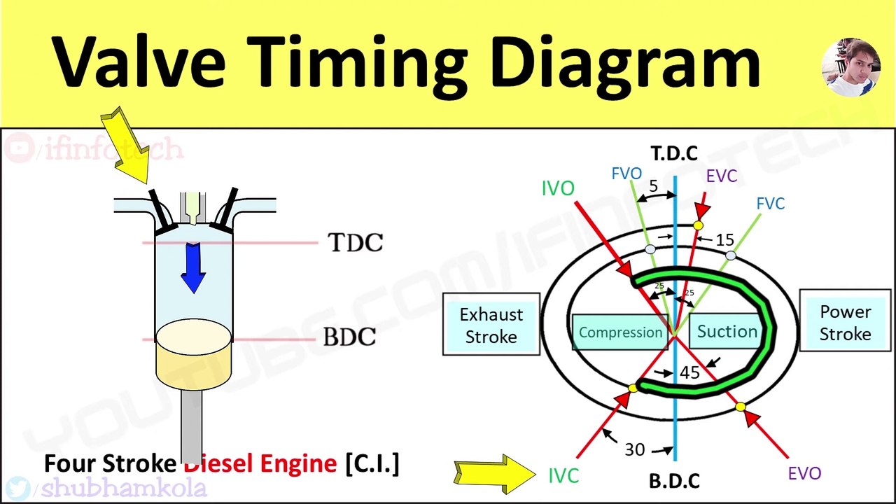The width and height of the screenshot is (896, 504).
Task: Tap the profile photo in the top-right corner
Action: click(850, 67)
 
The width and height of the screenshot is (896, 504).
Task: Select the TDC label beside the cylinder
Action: click(356, 243)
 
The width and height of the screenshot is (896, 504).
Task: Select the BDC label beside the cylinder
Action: click(349, 337)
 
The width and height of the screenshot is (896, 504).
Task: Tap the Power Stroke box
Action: click(845, 323)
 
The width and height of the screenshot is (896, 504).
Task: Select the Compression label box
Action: click(620, 332)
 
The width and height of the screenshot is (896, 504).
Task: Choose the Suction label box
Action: click(727, 331)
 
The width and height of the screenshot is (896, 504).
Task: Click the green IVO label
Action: click(558, 188)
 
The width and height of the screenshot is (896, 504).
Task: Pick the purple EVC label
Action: click(721, 176)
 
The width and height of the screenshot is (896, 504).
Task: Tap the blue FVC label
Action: click(770, 204)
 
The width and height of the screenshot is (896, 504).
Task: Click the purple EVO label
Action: click(804, 473)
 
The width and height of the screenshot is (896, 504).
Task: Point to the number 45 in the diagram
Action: click(689, 373)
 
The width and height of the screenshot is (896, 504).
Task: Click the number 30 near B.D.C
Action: click(634, 449)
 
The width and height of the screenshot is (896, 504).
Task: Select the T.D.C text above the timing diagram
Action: click(673, 153)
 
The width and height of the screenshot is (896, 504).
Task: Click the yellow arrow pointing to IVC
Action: click(494, 473)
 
